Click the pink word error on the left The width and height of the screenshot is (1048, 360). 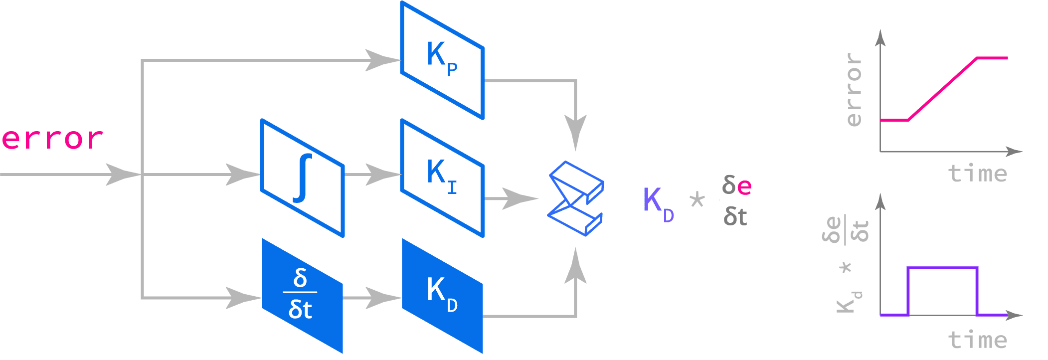click(x=52, y=139)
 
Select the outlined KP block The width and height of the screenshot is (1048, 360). click(x=442, y=60)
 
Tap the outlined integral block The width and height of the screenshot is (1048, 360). click(x=303, y=178)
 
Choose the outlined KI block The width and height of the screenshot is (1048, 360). click(x=442, y=178)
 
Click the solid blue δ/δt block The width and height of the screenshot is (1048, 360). click(x=302, y=296)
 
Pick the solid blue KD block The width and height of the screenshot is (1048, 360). click(x=442, y=296)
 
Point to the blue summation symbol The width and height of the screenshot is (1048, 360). click(x=576, y=198)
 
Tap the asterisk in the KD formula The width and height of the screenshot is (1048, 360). click(x=697, y=200)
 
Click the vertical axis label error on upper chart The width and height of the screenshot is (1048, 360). click(x=854, y=90)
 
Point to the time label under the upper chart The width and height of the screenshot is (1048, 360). click(x=977, y=174)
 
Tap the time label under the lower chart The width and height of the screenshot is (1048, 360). click(x=977, y=340)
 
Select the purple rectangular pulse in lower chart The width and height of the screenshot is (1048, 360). click(x=943, y=268)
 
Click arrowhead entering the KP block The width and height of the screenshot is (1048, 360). click(x=381, y=60)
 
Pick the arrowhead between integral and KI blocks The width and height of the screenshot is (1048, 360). click(x=381, y=175)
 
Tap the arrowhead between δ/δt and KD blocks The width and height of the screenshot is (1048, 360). click(x=381, y=298)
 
